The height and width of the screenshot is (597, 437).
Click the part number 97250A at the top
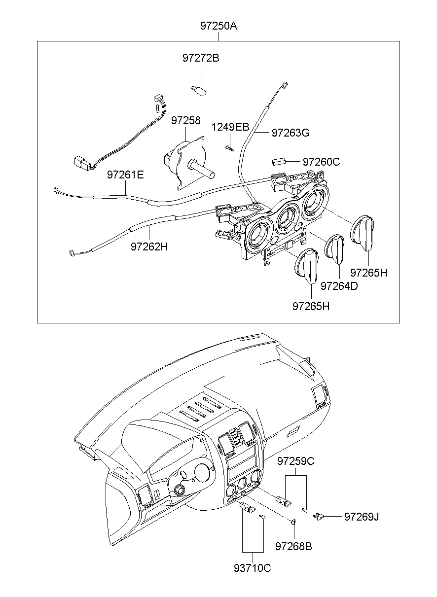click(218, 26)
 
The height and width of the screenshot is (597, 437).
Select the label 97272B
click(201, 58)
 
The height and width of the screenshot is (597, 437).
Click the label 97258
click(186, 120)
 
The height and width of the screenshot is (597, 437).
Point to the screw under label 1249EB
click(229, 147)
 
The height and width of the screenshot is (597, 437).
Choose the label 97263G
click(291, 133)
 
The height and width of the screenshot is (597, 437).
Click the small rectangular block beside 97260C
click(279, 161)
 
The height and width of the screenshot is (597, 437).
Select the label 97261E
click(126, 175)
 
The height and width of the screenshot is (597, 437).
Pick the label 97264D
click(339, 286)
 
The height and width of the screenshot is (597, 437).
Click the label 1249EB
click(230, 127)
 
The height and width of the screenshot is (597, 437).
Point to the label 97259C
click(295, 461)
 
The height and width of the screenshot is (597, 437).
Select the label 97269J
click(362, 517)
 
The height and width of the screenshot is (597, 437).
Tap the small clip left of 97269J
click(318, 516)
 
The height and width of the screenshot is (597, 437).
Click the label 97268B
click(293, 546)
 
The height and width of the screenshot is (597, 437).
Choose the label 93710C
click(253, 568)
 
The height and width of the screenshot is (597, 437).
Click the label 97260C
click(321, 162)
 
